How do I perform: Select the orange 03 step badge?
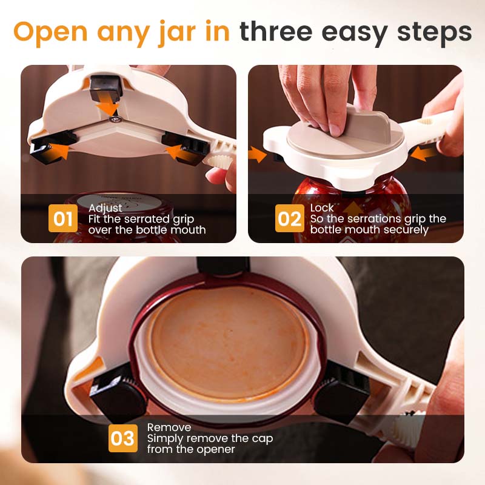[x=123, y=438]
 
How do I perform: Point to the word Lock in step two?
[x=322, y=208]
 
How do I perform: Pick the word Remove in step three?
[x=169, y=427]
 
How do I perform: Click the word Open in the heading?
[x=50, y=32]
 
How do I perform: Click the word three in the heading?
[x=281, y=32]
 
